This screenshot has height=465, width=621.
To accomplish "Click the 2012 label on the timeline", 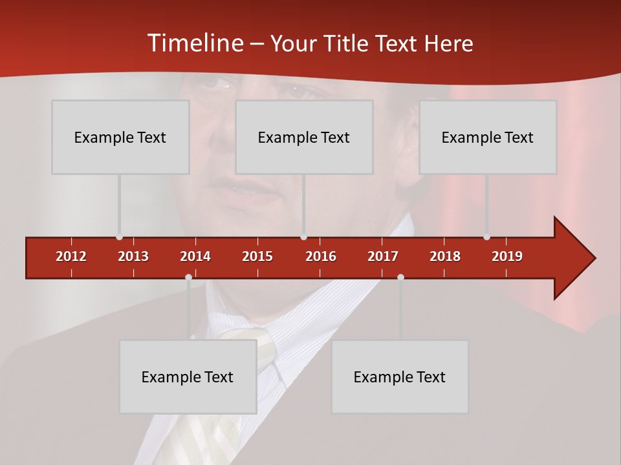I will (71, 256).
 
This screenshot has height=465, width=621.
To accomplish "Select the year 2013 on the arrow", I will (133, 256).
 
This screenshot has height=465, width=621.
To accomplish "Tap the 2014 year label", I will (195, 256).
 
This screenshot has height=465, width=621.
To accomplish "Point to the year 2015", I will (257, 256).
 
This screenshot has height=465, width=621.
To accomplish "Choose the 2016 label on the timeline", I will (321, 256).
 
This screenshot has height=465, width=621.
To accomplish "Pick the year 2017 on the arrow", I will (383, 256).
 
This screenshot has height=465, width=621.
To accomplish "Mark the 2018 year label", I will (445, 256).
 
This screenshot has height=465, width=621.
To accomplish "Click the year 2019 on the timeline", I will (507, 256).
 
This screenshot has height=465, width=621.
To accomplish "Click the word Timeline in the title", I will (194, 43).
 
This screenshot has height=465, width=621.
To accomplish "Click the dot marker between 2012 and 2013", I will (119, 237).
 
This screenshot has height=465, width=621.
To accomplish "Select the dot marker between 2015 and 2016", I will (303, 237).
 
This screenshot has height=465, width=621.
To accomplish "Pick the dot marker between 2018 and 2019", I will (486, 237).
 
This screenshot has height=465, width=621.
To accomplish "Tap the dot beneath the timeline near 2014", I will (188, 277).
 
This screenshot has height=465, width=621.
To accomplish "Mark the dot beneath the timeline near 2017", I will (400, 277).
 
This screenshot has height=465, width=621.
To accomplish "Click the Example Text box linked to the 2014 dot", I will (188, 377).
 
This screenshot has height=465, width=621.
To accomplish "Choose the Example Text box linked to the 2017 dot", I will (400, 377).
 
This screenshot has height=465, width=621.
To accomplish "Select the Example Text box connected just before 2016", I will (304, 137).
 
